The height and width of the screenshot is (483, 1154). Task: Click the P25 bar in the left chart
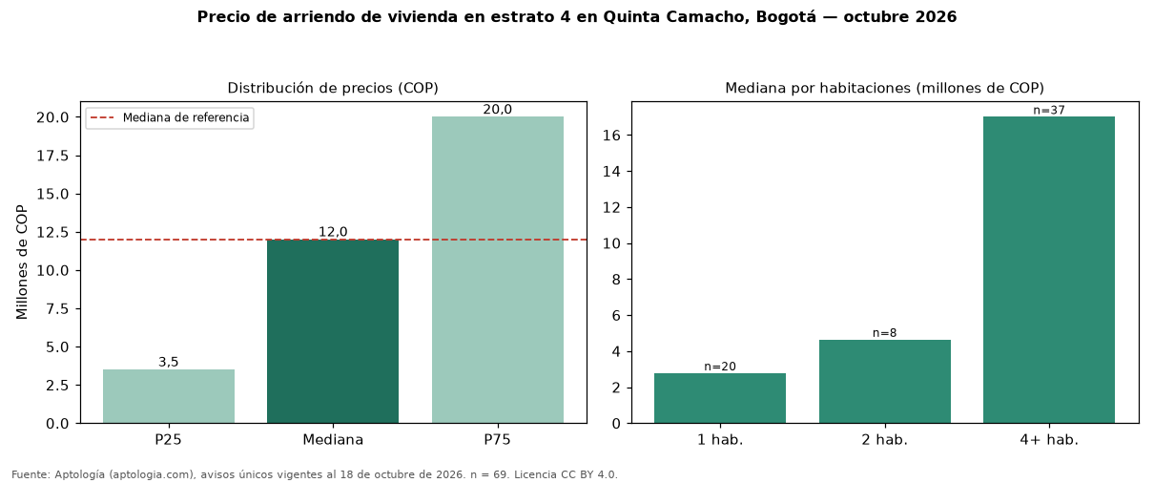(x=169, y=396)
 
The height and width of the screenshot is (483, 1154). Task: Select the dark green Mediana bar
(x=333, y=331)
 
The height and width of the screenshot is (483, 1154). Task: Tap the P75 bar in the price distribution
(x=498, y=269)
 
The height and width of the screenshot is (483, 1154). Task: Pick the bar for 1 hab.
(x=720, y=398)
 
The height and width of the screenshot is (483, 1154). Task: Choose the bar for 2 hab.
(x=884, y=382)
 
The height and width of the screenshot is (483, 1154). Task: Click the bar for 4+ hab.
(x=1049, y=269)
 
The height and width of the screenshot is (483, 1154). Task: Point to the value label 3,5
(x=169, y=362)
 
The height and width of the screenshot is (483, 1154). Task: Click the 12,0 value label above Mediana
(x=333, y=232)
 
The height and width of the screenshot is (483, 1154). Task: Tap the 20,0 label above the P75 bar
(x=498, y=109)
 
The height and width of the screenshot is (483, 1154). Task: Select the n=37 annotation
(x=1049, y=110)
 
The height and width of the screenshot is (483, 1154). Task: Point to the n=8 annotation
(x=884, y=333)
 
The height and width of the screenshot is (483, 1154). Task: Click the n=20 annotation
(x=720, y=367)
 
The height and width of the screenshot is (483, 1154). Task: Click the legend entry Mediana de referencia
(x=186, y=117)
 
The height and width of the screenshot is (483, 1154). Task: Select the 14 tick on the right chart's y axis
(x=611, y=172)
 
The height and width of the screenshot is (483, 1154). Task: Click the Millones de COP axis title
(x=22, y=262)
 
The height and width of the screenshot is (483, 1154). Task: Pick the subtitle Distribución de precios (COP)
(x=333, y=88)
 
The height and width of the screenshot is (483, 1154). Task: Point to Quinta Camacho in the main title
(x=675, y=17)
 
